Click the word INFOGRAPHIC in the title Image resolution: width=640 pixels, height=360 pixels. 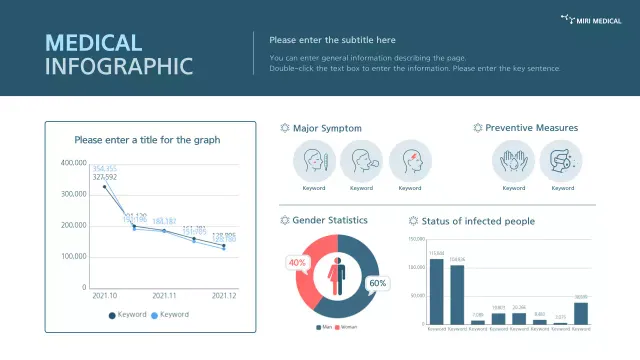119,67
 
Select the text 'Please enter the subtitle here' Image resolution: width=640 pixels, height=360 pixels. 332,40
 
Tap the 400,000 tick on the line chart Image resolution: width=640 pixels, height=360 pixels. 74,162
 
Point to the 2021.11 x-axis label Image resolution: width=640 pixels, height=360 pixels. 164,296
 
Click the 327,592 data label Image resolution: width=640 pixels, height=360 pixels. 104,177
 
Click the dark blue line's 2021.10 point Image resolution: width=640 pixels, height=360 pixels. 105,187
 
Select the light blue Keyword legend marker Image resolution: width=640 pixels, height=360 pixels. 154,314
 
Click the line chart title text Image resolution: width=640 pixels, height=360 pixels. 147,140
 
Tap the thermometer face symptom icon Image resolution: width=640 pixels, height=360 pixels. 314,160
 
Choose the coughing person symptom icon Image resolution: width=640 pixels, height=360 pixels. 361,160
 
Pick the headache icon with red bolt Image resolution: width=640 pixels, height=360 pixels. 409,160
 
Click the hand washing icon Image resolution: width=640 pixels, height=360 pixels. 513,160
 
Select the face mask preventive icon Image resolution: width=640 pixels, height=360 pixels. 561,160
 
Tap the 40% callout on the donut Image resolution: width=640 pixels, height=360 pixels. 297,263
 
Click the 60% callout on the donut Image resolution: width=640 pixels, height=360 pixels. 378,283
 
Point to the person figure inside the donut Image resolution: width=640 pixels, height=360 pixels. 337,276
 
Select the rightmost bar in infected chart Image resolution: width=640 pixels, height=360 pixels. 581,313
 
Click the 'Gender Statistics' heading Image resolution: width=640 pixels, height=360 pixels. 329,220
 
